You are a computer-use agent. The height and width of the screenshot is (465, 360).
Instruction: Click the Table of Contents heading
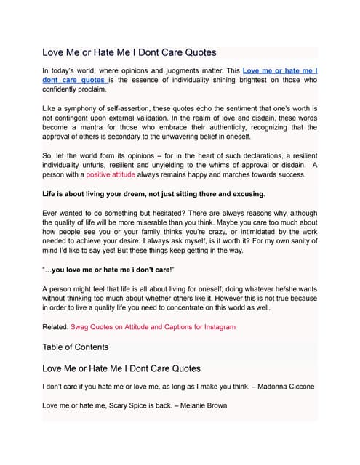click(76, 347)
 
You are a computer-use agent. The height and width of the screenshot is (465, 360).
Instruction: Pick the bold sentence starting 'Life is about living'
click(153, 194)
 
